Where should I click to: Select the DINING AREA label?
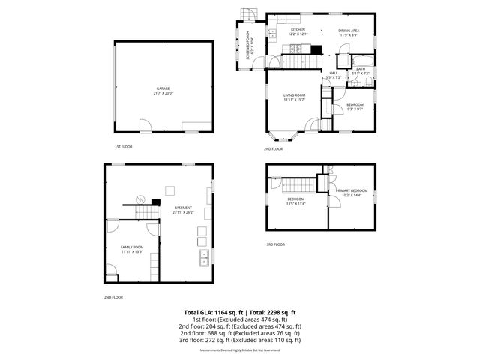(349, 29)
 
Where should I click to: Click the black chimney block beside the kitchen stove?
(316, 51)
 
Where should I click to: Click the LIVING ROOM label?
(294, 95)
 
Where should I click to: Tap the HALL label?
(333, 73)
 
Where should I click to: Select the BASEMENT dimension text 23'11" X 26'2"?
(183, 212)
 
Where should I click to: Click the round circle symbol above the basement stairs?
(139, 199)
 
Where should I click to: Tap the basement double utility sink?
(203, 259)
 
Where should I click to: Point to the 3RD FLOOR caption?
(275, 244)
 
